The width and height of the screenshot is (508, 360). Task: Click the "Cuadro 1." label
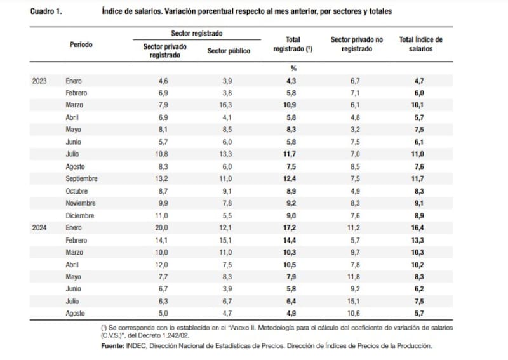click(46, 12)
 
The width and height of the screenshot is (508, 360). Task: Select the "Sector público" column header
click(229, 51)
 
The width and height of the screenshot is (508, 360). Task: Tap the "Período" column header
click(81, 44)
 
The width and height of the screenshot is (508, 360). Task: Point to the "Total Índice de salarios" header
click(420, 44)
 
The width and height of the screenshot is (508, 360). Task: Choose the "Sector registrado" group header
click(196, 33)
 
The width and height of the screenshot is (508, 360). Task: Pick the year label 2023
click(39, 81)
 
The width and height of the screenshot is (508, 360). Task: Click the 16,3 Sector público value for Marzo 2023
click(229, 105)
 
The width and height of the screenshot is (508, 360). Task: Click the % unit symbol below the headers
click(293, 69)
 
